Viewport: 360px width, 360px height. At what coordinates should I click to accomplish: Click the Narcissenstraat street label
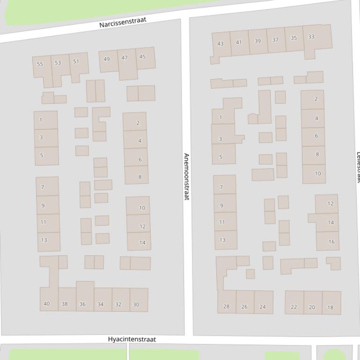pos(123,22)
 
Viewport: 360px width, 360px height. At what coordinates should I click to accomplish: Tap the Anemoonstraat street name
pos(186,176)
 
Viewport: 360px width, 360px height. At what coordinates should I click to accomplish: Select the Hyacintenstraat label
pos(132,339)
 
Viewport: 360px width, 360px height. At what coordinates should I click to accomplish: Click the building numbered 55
pos(40,64)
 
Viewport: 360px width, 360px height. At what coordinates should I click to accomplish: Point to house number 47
pos(125,58)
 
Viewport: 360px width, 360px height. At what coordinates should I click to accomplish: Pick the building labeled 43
pos(220,44)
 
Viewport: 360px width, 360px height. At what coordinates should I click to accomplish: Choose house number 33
pos(311,37)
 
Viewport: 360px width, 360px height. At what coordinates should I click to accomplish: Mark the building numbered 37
pos(275,40)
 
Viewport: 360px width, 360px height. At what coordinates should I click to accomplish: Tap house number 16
pos(331,242)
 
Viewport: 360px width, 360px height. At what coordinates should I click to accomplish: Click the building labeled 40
pos(46,304)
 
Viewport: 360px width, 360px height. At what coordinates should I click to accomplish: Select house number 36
pos(82,304)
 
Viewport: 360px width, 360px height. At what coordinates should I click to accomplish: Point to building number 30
pos(136,304)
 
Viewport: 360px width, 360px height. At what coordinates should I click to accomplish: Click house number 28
pos(227,307)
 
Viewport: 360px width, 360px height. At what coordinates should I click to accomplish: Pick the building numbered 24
pos(263,307)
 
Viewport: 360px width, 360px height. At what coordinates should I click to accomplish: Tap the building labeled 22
pos(294,307)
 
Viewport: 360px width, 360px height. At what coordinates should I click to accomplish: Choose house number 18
pos(331,308)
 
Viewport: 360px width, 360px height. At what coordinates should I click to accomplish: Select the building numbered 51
pos(76,61)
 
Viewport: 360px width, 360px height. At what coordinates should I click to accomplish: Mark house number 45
pos(142,57)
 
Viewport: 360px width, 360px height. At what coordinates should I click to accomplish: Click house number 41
pos(239,42)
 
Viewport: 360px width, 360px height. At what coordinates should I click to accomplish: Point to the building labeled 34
pos(100,304)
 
